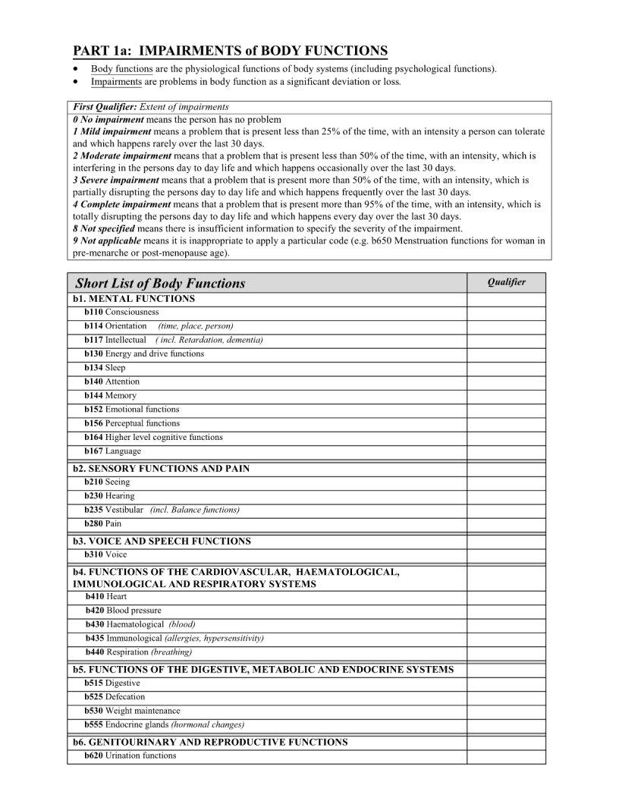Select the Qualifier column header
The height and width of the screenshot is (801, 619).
pyautogui.click(x=506, y=282)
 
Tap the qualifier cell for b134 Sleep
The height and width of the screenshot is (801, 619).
pyautogui.click(x=506, y=368)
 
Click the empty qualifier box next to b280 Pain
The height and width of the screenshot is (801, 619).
pyautogui.click(x=506, y=524)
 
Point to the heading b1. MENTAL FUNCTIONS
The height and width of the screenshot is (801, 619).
pyautogui.click(x=134, y=299)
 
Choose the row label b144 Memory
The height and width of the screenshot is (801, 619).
pyautogui.click(x=111, y=396)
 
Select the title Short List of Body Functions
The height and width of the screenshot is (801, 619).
pyautogui.click(x=160, y=283)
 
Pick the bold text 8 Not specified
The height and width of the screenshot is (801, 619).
pyautogui.click(x=104, y=228)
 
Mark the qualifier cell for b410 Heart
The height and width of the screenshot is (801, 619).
pyautogui.click(x=506, y=597)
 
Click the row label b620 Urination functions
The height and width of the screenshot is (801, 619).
pyautogui.click(x=130, y=755)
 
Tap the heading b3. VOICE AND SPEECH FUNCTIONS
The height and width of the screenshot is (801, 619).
pyautogui.click(x=162, y=542)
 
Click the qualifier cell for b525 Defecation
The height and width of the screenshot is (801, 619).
pyautogui.click(x=506, y=697)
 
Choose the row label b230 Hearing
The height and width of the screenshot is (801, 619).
pyautogui.click(x=109, y=496)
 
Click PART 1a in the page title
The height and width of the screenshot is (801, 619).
pyautogui.click(x=102, y=51)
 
